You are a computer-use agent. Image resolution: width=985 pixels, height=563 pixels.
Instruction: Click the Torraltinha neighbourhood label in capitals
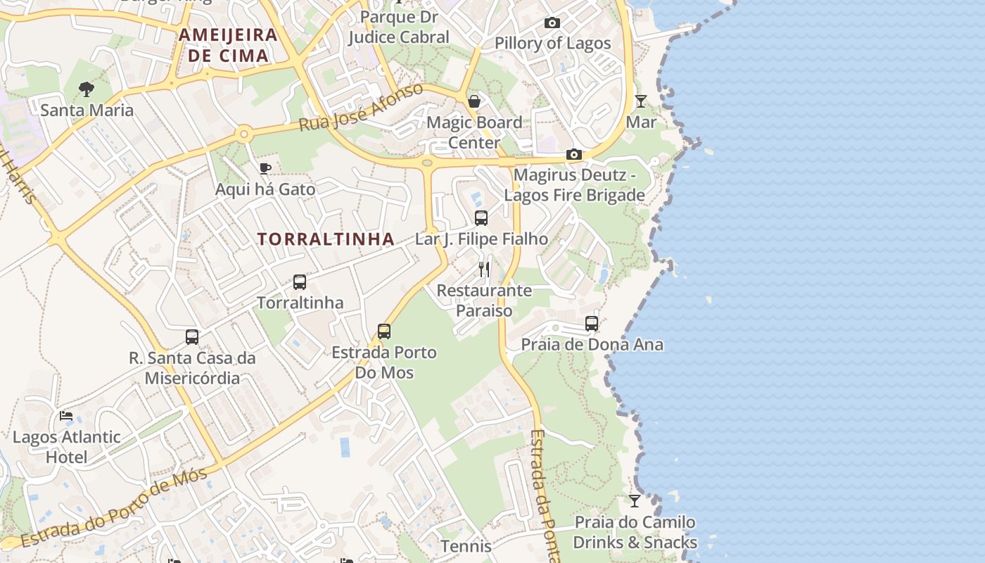point(325,239)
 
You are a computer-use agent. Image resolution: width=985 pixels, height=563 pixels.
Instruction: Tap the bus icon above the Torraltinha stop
point(300,282)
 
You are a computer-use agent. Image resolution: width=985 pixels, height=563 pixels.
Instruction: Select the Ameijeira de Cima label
point(227,45)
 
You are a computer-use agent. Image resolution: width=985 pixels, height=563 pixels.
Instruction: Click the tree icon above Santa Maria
point(87,89)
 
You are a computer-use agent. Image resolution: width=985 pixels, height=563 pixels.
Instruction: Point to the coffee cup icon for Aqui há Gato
point(265,168)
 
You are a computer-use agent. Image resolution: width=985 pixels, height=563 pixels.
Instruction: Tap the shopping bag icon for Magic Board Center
point(474,101)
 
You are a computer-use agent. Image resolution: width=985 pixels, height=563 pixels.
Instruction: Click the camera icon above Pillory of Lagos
point(552,23)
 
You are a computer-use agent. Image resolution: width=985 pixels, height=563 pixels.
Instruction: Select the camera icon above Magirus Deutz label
point(574,155)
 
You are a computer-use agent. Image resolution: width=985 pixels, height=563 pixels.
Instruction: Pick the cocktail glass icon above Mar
point(641,101)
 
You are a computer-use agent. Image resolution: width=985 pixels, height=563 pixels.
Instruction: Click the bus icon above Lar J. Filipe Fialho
point(481,218)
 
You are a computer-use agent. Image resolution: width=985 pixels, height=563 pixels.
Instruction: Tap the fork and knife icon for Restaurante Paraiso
point(484,269)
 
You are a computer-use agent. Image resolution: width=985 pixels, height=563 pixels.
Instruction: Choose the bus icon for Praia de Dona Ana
point(592,324)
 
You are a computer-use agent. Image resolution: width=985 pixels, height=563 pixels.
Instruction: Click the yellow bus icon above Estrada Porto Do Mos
point(384,331)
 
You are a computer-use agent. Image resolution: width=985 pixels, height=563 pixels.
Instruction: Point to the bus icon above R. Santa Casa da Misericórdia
point(192,337)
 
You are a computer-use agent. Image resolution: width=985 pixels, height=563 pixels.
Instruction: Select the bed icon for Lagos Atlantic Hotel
point(66,416)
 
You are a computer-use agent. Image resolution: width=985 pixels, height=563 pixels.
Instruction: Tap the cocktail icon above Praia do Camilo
point(635,501)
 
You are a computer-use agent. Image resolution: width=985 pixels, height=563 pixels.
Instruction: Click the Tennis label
point(466,546)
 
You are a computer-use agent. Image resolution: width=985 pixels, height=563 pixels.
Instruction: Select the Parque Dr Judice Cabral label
point(398,27)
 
